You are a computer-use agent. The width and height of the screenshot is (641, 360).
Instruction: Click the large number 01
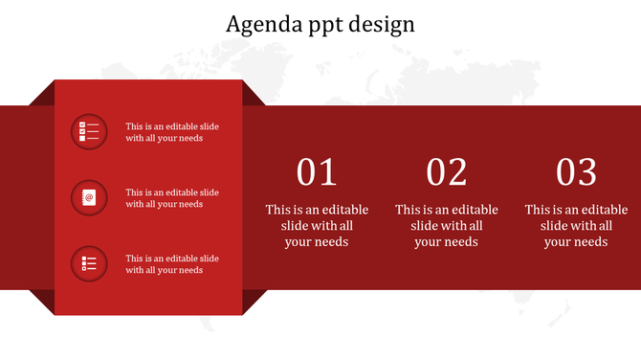coord(317,172)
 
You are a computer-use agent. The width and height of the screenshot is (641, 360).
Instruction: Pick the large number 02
coord(447,172)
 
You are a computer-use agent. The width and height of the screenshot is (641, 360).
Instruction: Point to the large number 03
coord(577,172)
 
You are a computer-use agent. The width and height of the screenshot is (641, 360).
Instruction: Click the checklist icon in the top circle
coord(89,131)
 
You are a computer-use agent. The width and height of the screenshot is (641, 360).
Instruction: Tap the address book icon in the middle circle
coord(89,197)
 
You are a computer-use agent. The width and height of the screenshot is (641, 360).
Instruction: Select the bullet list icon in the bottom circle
coord(89,263)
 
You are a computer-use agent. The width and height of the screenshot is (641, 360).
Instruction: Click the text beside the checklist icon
coord(172,131)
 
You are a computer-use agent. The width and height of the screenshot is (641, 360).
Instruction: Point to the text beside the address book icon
coord(172,197)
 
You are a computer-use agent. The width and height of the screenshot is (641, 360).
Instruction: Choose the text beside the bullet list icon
coord(172,263)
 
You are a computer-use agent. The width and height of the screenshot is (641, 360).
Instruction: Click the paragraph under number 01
coord(317,226)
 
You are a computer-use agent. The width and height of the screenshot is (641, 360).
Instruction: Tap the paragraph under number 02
coord(447,226)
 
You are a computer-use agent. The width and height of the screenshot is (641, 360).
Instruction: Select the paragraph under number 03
coord(577,226)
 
